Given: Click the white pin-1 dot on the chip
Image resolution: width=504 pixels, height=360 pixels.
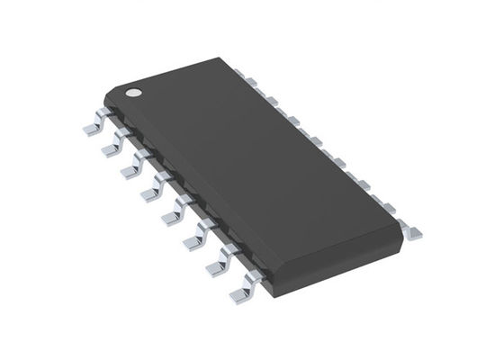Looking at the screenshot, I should point(132,91).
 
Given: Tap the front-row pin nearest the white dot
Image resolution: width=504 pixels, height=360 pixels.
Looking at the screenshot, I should point(92,127).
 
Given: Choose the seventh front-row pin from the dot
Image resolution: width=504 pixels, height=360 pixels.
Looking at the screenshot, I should point(217,263).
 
